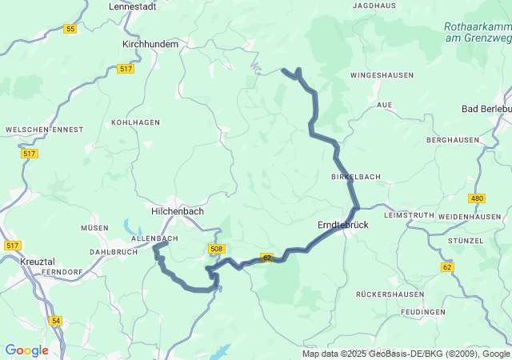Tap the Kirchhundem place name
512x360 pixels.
point(150,45)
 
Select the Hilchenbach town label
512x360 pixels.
point(178,211)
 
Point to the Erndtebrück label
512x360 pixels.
point(342,226)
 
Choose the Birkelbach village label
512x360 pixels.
point(355,176)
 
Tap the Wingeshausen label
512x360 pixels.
point(382,75)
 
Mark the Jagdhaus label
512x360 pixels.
point(374,6)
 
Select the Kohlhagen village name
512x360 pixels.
point(136,122)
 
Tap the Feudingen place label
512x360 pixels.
point(424,312)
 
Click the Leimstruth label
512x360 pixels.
point(408,216)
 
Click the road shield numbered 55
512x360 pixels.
point(70,29)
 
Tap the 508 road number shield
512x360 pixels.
point(216,250)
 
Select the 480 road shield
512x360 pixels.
point(478,198)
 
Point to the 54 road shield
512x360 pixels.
point(55,321)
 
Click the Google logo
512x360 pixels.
point(26,350)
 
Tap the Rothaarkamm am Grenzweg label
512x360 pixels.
point(477,31)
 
